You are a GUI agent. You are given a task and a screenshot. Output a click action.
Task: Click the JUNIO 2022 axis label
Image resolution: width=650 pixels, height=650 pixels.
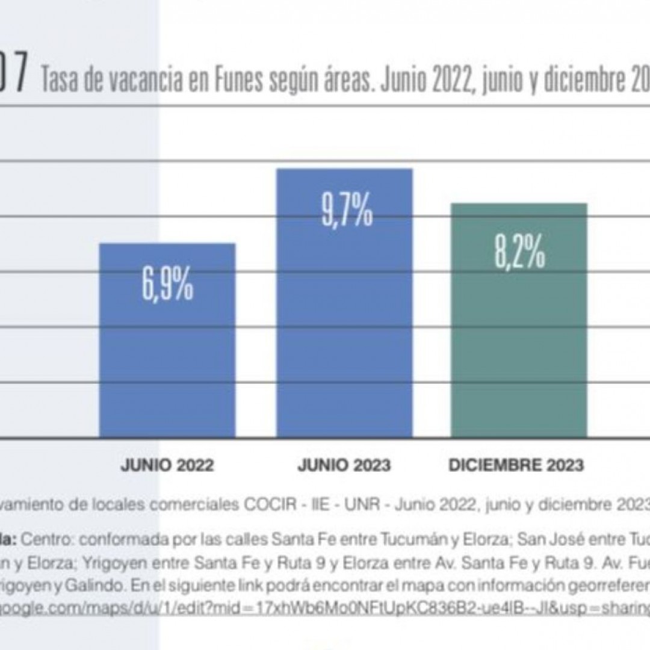(167, 465)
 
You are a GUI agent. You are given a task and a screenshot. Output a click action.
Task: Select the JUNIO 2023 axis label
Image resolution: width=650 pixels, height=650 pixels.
(344, 465)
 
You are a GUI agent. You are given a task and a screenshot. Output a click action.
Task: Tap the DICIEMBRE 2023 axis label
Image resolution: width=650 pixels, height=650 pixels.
(516, 465)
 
